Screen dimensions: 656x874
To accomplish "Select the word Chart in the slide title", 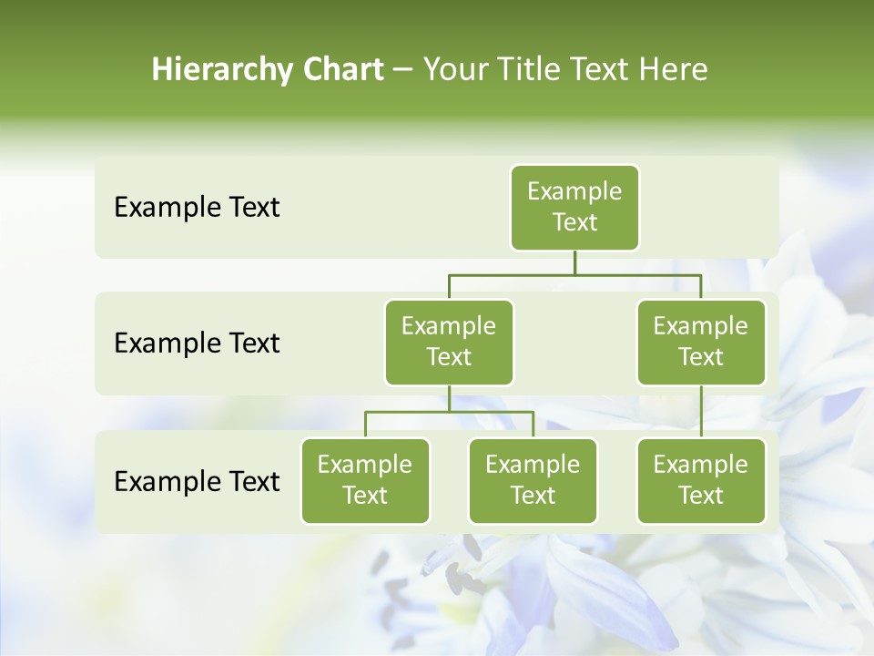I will [343, 70].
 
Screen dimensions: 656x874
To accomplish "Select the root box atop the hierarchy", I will [574, 207].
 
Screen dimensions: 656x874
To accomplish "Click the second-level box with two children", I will [449, 342].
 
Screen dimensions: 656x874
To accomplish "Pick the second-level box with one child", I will [701, 342].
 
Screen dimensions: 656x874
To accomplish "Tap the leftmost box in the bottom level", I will [365, 480].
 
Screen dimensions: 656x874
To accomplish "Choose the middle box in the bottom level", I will [533, 480].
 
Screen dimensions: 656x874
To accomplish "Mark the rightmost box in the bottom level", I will [701, 480].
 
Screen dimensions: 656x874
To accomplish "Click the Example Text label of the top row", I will [197, 208].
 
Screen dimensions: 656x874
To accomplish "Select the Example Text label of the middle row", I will [197, 343].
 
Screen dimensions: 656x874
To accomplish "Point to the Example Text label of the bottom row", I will [197, 481].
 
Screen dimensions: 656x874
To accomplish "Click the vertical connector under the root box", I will [574, 262].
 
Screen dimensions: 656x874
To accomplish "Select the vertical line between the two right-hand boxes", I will [701, 412].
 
